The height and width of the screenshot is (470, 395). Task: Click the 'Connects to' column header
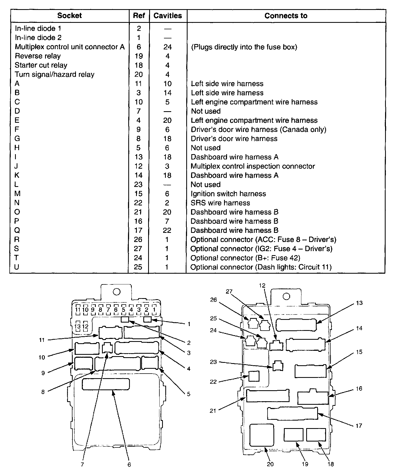tap(286, 16)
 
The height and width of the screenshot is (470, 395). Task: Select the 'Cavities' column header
tap(167, 16)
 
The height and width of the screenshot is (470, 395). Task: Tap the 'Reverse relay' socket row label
tap(38, 56)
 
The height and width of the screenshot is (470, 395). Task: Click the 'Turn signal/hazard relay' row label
tap(54, 74)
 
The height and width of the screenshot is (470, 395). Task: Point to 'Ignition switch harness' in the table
tap(228, 194)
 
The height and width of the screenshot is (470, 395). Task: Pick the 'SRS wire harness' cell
tap(220, 203)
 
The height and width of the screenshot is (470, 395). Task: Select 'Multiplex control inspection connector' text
tap(253, 166)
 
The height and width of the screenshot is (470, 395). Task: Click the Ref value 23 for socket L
tap(138, 185)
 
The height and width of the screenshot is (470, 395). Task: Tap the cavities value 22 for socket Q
tap(167, 230)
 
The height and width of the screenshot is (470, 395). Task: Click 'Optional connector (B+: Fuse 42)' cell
tap(245, 258)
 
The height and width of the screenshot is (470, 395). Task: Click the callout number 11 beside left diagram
tap(42, 340)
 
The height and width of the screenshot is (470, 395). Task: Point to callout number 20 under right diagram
tap(270, 464)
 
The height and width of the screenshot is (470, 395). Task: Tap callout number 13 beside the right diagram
tap(359, 303)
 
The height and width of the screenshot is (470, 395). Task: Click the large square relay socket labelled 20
tap(262, 435)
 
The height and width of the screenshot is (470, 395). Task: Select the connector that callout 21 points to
tap(268, 396)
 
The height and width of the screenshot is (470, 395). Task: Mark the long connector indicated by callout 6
tap(106, 384)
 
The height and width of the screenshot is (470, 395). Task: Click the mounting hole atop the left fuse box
tap(116, 292)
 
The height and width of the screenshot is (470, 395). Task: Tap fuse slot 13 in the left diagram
tap(78, 327)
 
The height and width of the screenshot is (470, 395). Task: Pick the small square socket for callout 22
tap(254, 376)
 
